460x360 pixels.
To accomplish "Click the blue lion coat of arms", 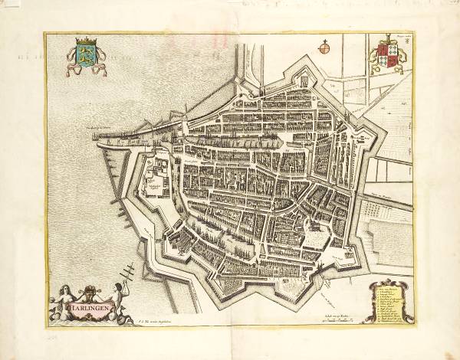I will click(82, 55).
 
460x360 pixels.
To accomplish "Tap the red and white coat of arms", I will click(386, 58).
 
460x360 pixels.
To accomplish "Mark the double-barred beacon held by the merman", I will click(128, 272).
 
